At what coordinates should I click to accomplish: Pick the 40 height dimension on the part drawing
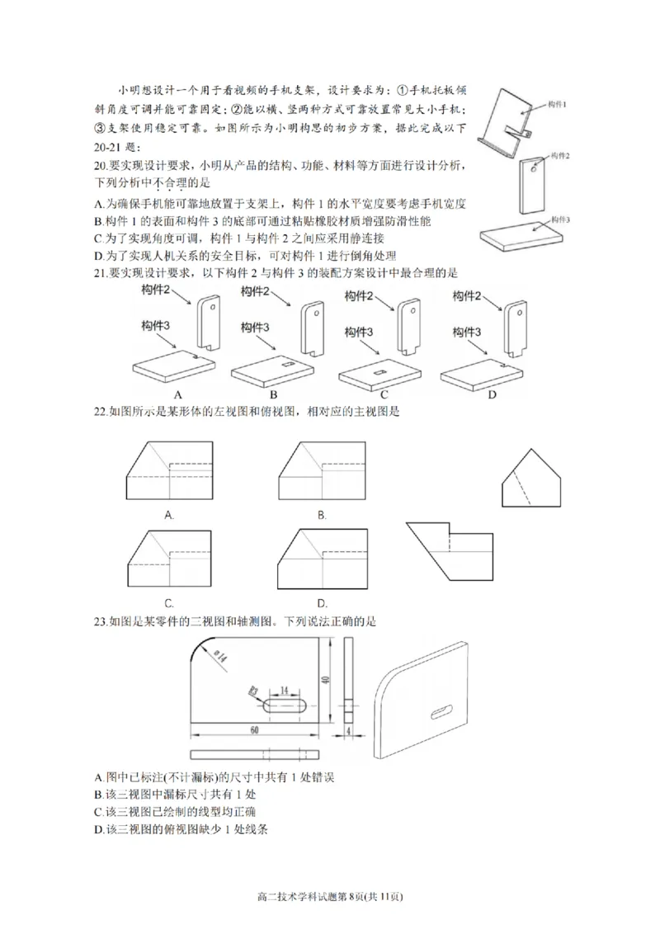click(x=328, y=680)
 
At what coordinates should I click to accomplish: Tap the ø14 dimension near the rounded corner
click(x=220, y=657)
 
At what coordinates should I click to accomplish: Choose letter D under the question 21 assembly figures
click(x=492, y=394)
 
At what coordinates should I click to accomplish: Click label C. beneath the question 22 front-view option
click(x=169, y=601)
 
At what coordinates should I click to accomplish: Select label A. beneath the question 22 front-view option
click(x=169, y=514)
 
